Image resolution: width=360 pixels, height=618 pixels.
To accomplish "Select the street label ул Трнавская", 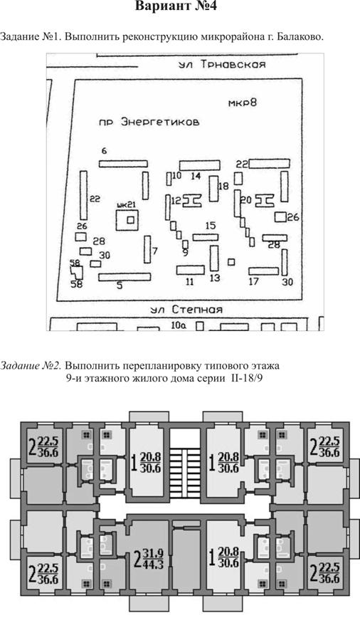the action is pos(223,65).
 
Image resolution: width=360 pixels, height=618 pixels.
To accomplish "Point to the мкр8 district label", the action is pos(242,103).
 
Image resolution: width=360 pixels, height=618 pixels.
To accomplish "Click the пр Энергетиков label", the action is pos(149,122).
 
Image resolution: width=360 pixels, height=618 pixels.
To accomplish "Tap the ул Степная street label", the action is pos(186,310).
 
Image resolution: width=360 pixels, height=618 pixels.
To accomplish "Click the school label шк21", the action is pos(127,204).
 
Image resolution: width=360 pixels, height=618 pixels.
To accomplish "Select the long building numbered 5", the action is pos(125,277).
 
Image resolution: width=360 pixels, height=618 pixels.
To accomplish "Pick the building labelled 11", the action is pos(191,270).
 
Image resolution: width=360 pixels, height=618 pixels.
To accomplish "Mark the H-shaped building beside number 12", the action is pos(192,200).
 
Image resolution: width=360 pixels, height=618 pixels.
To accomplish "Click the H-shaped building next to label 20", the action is pos(265,200).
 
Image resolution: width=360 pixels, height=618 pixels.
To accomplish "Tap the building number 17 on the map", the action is pos(254,282).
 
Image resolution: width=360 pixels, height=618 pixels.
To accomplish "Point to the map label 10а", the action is pos(179,325).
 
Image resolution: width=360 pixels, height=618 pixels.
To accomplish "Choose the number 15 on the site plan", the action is pos(211,226).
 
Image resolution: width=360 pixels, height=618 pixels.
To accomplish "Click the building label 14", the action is pos(196,176).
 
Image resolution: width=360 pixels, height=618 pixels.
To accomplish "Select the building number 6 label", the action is pos(104,150).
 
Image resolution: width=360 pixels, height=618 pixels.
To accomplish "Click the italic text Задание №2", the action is pos(31,366).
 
